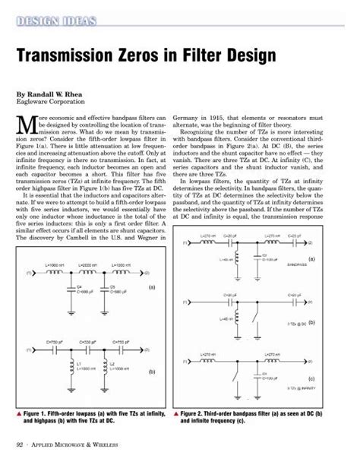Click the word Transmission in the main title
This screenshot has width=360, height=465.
click(x=77, y=56)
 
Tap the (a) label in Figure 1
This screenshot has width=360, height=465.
click(x=151, y=287)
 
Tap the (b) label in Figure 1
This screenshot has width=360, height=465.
click(x=151, y=372)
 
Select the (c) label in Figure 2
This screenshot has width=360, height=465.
click(x=311, y=377)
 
